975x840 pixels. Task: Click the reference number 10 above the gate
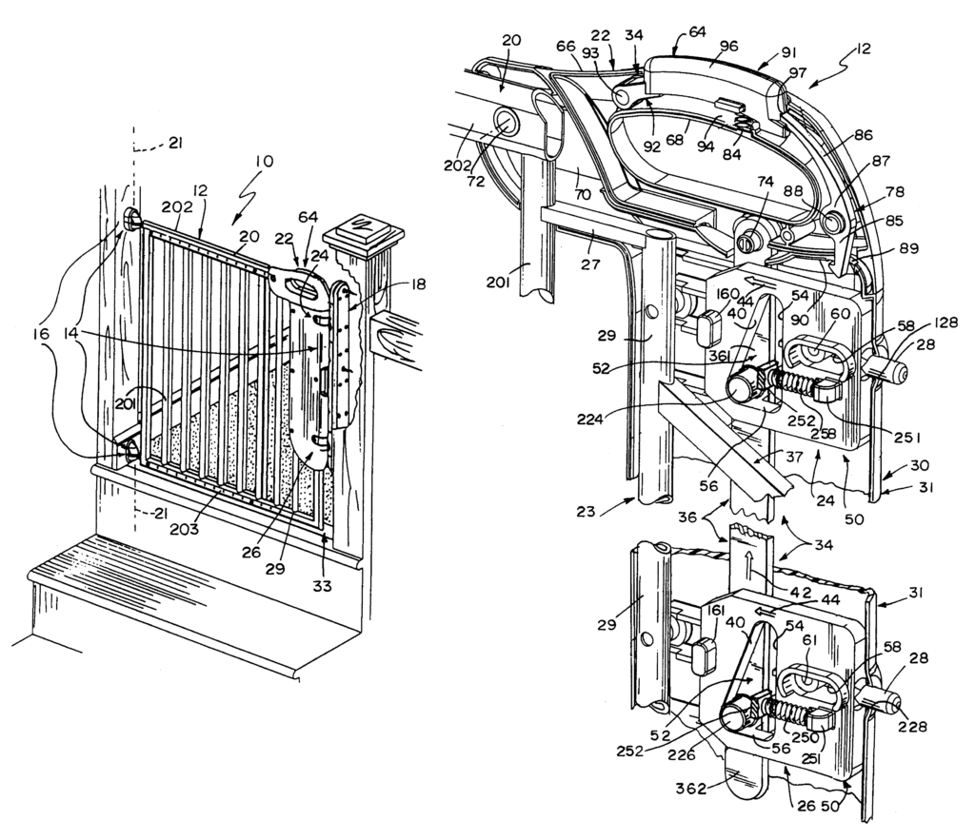click(x=264, y=163)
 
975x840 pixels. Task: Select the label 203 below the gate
click(x=185, y=529)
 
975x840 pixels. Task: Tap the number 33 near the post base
click(x=322, y=586)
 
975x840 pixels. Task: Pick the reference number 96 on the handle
click(x=728, y=46)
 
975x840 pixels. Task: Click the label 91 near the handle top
click(x=785, y=53)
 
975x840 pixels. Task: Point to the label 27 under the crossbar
click(x=590, y=264)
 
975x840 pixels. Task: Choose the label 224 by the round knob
click(x=589, y=420)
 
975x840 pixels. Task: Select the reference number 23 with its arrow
click(x=586, y=512)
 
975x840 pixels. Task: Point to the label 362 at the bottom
click(x=691, y=789)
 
